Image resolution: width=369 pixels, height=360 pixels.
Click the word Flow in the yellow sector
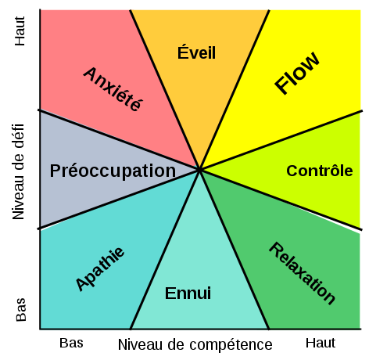pyautogui.click(x=297, y=72)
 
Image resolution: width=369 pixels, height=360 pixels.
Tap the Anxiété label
pyautogui.click(x=113, y=89)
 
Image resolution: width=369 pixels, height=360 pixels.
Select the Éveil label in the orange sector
pyautogui.click(x=196, y=52)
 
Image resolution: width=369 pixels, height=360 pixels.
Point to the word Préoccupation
pyautogui.click(x=113, y=171)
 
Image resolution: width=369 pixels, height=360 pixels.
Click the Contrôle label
pyautogui.click(x=320, y=171)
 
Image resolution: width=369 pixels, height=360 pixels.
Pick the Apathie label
pyautogui.click(x=100, y=268)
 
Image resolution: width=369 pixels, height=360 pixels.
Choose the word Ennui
pyautogui.click(x=188, y=293)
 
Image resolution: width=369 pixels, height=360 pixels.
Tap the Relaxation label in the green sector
pyautogui.click(x=302, y=273)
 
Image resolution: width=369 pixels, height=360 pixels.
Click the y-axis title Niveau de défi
pyautogui.click(x=19, y=171)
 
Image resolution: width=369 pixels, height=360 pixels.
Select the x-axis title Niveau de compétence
pyautogui.click(x=195, y=344)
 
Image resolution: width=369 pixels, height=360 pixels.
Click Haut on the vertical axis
pyautogui.click(x=20, y=31)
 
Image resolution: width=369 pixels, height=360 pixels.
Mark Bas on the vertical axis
pyautogui.click(x=21, y=310)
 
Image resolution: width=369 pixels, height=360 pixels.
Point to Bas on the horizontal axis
pyautogui.click(x=71, y=343)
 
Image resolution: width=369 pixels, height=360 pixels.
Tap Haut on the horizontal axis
pyautogui.click(x=321, y=343)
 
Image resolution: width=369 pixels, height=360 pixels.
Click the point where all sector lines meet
pyautogui.click(x=199, y=170)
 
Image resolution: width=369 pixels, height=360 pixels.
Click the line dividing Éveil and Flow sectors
pyautogui.click(x=235, y=90)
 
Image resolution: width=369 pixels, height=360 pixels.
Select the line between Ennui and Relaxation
pyautogui.click(x=235, y=250)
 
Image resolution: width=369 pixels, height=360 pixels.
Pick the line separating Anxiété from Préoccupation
pyautogui.click(x=119, y=140)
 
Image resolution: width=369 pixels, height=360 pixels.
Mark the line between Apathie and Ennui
pyautogui.click(x=165, y=250)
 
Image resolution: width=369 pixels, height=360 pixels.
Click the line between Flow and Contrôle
pyautogui.click(x=281, y=141)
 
